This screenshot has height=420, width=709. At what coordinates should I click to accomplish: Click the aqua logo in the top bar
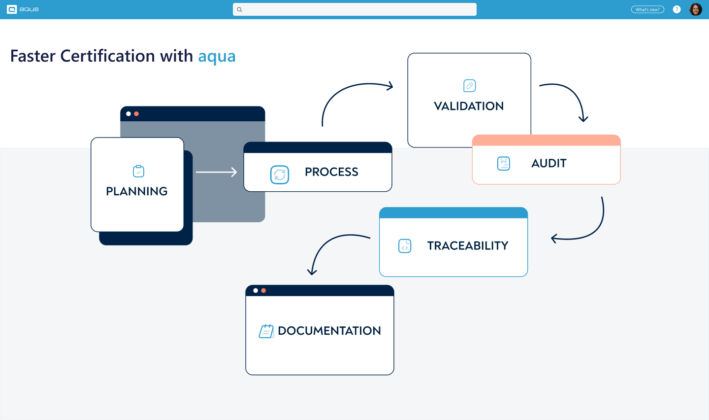[x=23, y=9]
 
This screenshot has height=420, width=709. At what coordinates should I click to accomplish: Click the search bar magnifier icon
[x=240, y=9]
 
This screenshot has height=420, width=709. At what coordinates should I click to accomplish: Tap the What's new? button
[x=647, y=9]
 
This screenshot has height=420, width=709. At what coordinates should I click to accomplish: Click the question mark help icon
[x=677, y=9]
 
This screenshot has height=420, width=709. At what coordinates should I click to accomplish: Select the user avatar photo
[x=696, y=9]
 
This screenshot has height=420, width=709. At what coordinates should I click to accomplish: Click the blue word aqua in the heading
[x=217, y=57]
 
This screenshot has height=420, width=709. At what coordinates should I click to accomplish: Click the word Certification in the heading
[x=107, y=56]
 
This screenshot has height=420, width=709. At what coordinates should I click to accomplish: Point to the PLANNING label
[x=137, y=191]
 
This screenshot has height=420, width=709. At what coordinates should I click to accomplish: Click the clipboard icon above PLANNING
[x=139, y=171]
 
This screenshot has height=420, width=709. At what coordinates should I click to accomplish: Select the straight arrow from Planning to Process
[x=216, y=172]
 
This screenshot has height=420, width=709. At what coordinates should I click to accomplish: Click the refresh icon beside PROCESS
[x=280, y=175]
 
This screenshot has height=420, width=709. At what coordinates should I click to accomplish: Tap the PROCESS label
[x=331, y=172]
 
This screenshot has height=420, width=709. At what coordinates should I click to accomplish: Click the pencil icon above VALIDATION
[x=470, y=86]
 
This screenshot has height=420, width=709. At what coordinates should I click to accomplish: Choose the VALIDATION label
[x=469, y=106]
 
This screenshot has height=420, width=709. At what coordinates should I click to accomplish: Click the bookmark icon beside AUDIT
[x=504, y=163]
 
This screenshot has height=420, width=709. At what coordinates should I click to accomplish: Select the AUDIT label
[x=549, y=163]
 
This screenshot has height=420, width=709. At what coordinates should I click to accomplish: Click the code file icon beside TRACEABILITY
[x=405, y=246]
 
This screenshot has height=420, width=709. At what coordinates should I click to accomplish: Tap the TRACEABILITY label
[x=468, y=245]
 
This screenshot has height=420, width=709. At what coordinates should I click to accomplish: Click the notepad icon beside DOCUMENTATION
[x=266, y=331]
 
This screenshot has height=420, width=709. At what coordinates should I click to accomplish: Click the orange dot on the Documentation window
[x=263, y=291]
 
